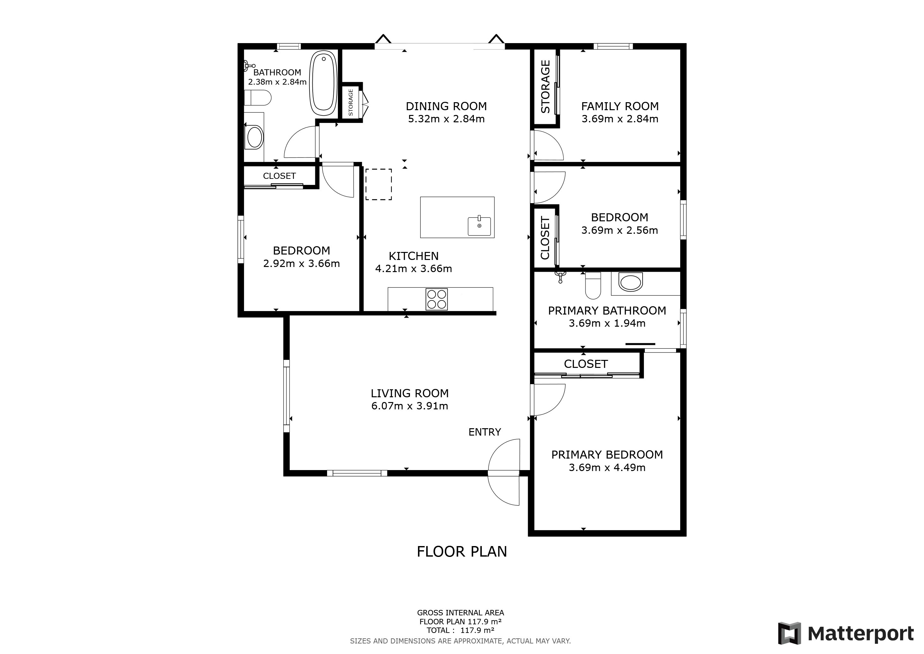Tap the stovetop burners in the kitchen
(x=437, y=299)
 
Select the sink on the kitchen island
(x=479, y=226)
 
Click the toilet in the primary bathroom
(x=593, y=285)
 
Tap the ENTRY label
(x=485, y=432)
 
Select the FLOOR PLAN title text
(x=462, y=552)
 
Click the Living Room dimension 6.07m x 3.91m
(x=410, y=406)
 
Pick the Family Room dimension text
(x=620, y=119)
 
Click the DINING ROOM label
(x=446, y=106)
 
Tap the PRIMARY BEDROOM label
(x=607, y=455)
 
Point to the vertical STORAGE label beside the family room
(x=545, y=87)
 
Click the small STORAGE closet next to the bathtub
(x=351, y=102)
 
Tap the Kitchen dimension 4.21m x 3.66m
(x=414, y=269)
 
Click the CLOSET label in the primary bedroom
(x=585, y=364)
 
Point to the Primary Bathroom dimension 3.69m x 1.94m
(x=607, y=323)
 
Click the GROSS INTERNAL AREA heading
(x=460, y=613)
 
